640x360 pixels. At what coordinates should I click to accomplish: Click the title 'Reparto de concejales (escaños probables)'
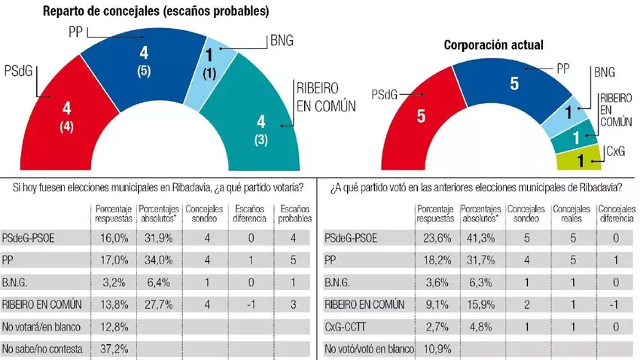[155, 11]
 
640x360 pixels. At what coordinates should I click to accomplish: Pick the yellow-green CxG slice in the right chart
[583, 159]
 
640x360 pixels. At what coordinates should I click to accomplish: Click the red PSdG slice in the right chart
[417, 121]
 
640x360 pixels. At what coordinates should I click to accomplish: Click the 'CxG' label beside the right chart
[616, 151]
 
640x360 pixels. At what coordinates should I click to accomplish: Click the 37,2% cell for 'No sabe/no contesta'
[108, 349]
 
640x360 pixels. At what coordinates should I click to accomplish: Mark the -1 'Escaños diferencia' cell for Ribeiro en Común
[248, 306]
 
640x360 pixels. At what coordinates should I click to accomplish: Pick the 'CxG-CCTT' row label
[355, 328]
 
